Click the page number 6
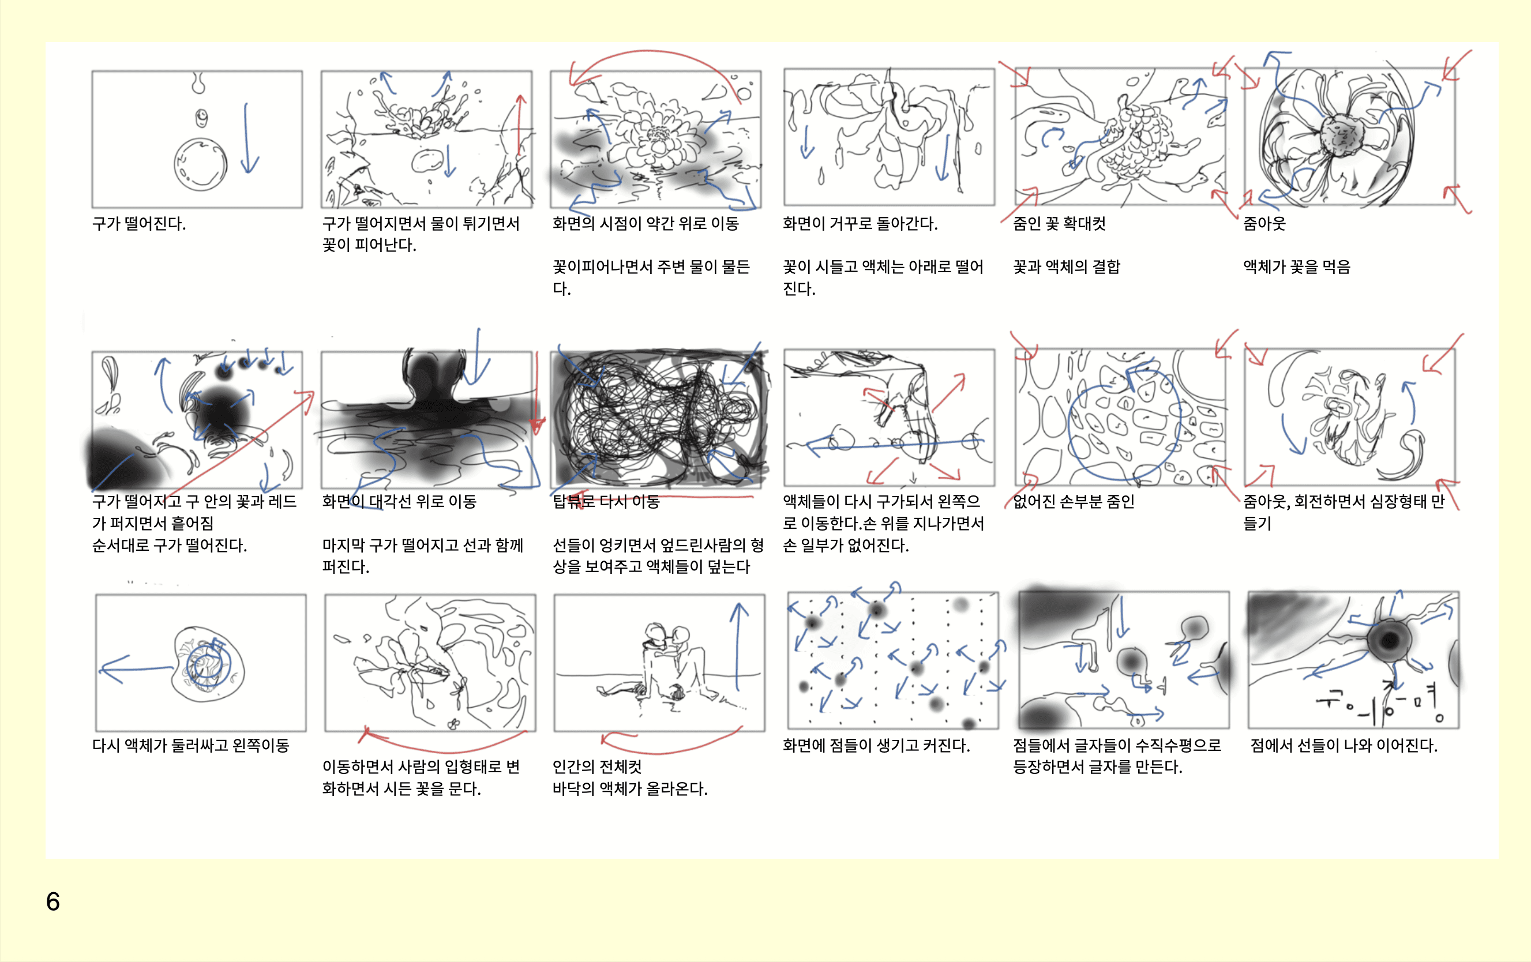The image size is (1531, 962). click(52, 901)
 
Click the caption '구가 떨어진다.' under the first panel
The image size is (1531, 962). click(139, 224)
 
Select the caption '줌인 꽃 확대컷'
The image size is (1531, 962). click(1059, 224)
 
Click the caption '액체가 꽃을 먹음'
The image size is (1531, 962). click(1296, 267)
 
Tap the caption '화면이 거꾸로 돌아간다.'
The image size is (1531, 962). click(860, 224)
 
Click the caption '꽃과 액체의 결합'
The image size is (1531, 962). click(1066, 267)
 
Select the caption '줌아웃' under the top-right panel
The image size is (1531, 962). click(1264, 224)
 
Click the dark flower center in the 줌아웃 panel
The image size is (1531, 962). click(1342, 135)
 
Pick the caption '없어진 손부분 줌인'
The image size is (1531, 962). click(1074, 502)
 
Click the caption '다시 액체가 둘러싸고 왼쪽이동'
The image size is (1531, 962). click(191, 745)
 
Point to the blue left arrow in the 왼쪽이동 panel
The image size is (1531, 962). click(136, 669)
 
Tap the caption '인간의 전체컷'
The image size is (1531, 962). click(597, 767)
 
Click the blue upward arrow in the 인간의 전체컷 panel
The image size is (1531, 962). click(738, 647)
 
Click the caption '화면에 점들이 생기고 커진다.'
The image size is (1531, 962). click(876, 745)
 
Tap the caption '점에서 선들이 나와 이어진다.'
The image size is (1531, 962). click(1344, 745)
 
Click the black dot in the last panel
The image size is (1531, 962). click(1389, 640)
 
